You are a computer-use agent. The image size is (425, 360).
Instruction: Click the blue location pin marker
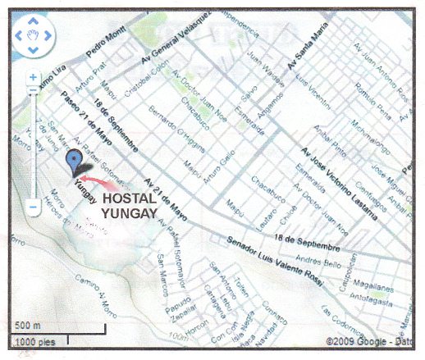[76, 160]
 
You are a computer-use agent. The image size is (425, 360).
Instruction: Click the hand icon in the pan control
[34, 34]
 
